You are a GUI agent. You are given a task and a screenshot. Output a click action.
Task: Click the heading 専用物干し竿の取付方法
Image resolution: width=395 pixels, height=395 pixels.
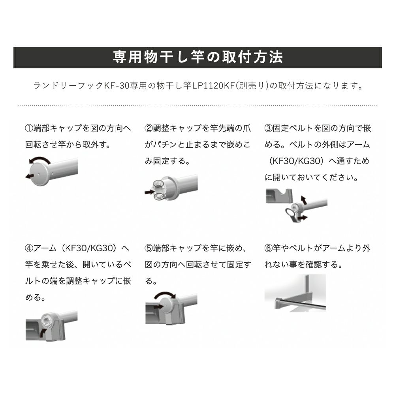pos(197,58)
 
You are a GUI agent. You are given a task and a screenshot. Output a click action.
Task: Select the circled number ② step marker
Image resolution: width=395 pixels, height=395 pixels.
pos(149,128)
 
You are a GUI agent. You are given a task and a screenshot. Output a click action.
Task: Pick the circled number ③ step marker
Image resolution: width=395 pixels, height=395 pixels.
pos(268,128)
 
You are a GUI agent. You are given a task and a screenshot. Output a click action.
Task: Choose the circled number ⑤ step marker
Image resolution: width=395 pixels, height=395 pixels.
pos(149,248)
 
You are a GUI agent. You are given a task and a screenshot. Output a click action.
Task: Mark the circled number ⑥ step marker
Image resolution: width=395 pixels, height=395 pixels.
pos(268,248)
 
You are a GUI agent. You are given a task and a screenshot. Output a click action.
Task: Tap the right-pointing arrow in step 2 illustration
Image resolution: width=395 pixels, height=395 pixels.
pos(149,192)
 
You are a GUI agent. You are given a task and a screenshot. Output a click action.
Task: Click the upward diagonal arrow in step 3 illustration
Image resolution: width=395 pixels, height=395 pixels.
pos(303,199)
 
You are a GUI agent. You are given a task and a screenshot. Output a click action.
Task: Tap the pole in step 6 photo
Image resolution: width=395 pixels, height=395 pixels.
pos(300,305)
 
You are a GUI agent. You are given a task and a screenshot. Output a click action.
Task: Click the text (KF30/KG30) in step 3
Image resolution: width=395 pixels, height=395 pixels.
pos(293,161)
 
